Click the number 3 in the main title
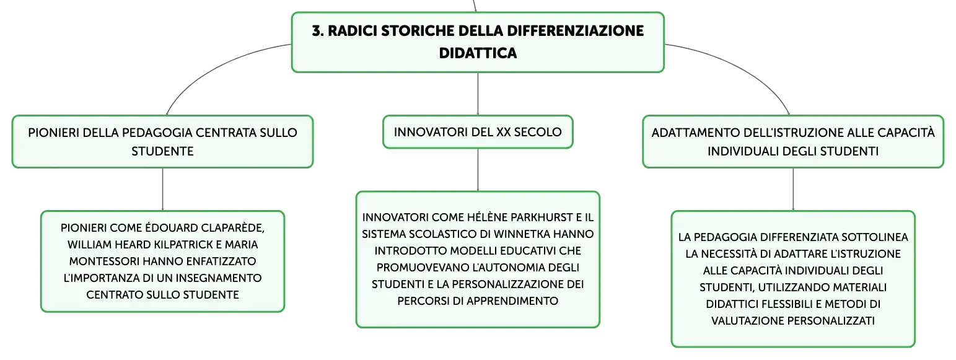click(316, 31)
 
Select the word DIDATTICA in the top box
click(478, 53)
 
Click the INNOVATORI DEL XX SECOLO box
click(478, 132)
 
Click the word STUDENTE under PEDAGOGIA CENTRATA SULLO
click(162, 152)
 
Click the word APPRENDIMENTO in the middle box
click(512, 301)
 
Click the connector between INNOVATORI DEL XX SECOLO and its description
click(478, 170)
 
